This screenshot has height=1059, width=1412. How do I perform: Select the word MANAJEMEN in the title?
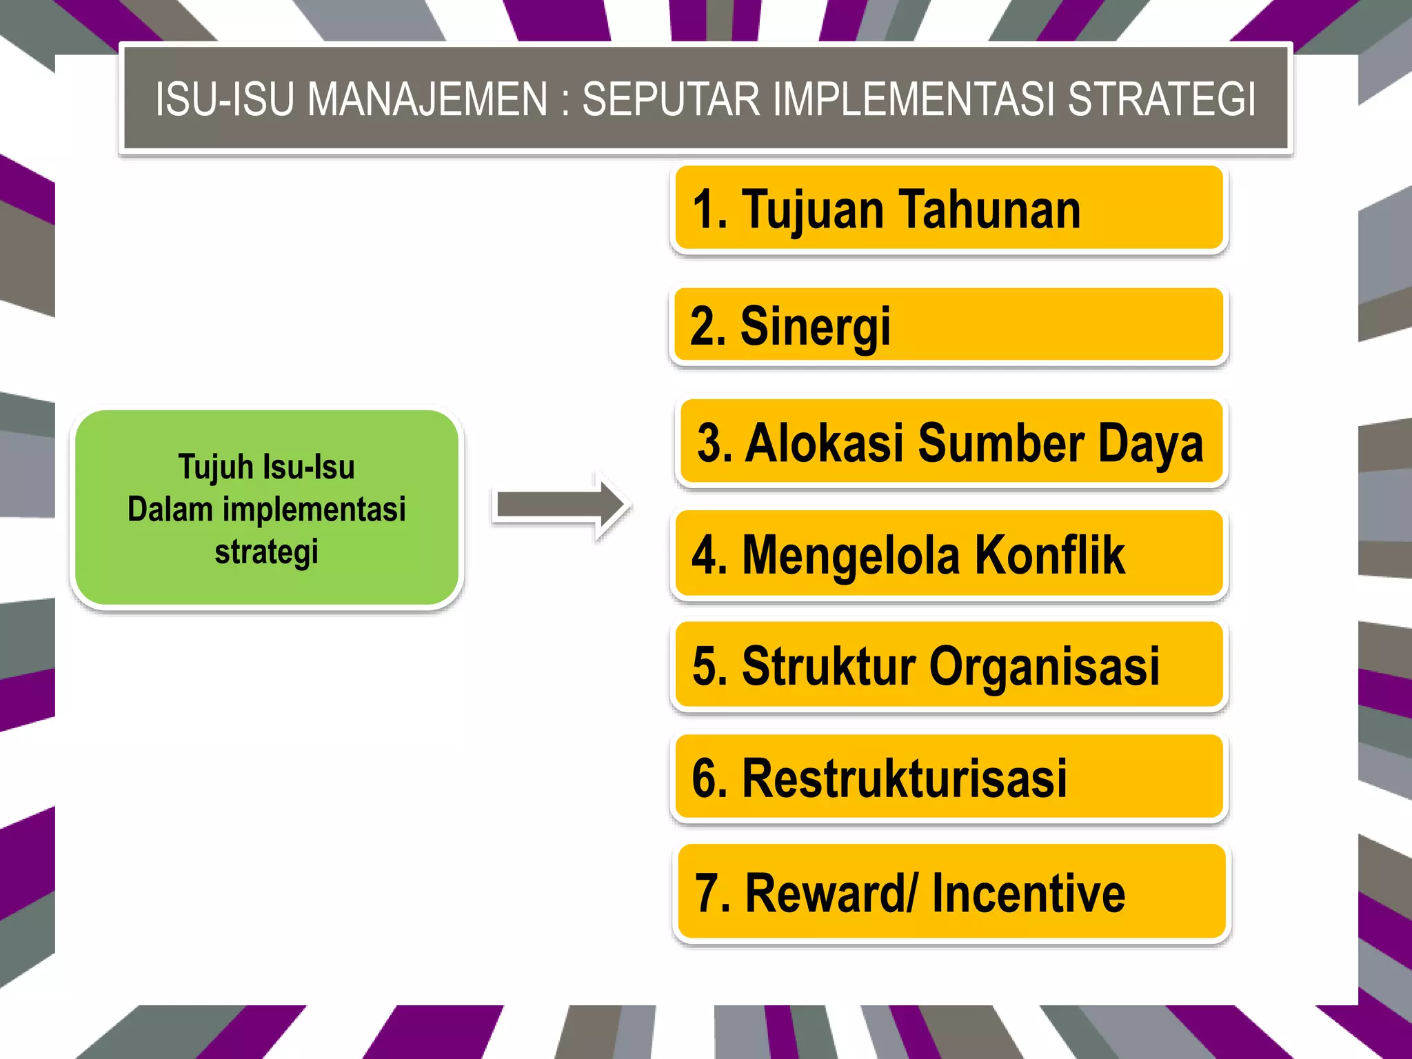coord(427,99)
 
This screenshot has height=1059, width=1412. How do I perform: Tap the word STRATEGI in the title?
coord(1162,99)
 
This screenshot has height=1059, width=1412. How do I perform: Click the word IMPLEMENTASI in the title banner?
coord(914,99)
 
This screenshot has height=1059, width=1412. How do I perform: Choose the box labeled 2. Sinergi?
coord(947,325)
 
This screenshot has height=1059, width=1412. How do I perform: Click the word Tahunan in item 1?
coord(989,210)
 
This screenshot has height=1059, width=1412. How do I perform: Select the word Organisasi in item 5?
coord(1044,667)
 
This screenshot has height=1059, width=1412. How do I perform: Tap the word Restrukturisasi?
coord(904,778)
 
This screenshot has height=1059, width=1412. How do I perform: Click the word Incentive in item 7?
coord(1028,894)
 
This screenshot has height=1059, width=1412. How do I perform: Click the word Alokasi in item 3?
coord(824,443)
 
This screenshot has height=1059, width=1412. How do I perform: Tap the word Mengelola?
coord(851,555)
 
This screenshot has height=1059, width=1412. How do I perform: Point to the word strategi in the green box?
coord(266,552)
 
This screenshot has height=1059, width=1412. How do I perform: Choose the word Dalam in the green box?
coord(170,510)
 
